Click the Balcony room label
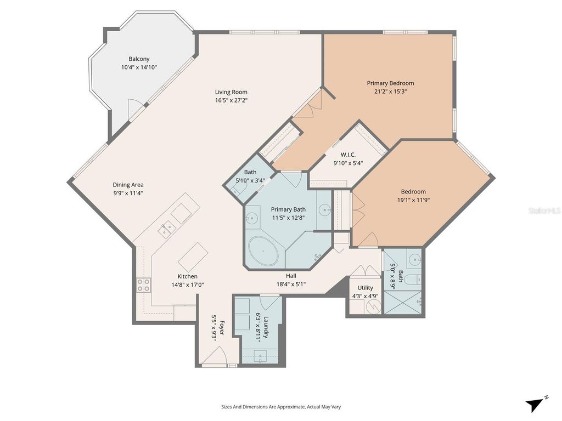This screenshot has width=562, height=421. [x=139, y=59]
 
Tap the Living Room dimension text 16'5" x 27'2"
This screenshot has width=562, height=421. [x=231, y=100]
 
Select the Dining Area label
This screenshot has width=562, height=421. [x=128, y=185]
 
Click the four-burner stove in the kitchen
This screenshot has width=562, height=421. [x=143, y=285]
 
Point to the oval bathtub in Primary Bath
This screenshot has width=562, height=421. [x=263, y=251]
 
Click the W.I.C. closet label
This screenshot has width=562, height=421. [x=348, y=155]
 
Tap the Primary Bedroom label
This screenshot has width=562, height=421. [x=390, y=83]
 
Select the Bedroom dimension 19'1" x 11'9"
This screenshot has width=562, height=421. [x=413, y=200]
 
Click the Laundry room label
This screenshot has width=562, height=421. [x=266, y=327]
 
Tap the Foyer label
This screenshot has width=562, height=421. [x=222, y=328]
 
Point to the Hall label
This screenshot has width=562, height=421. [x=291, y=276]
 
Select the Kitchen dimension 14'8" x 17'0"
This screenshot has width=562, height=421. [x=188, y=285]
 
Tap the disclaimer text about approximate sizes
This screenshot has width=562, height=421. [x=280, y=407]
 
